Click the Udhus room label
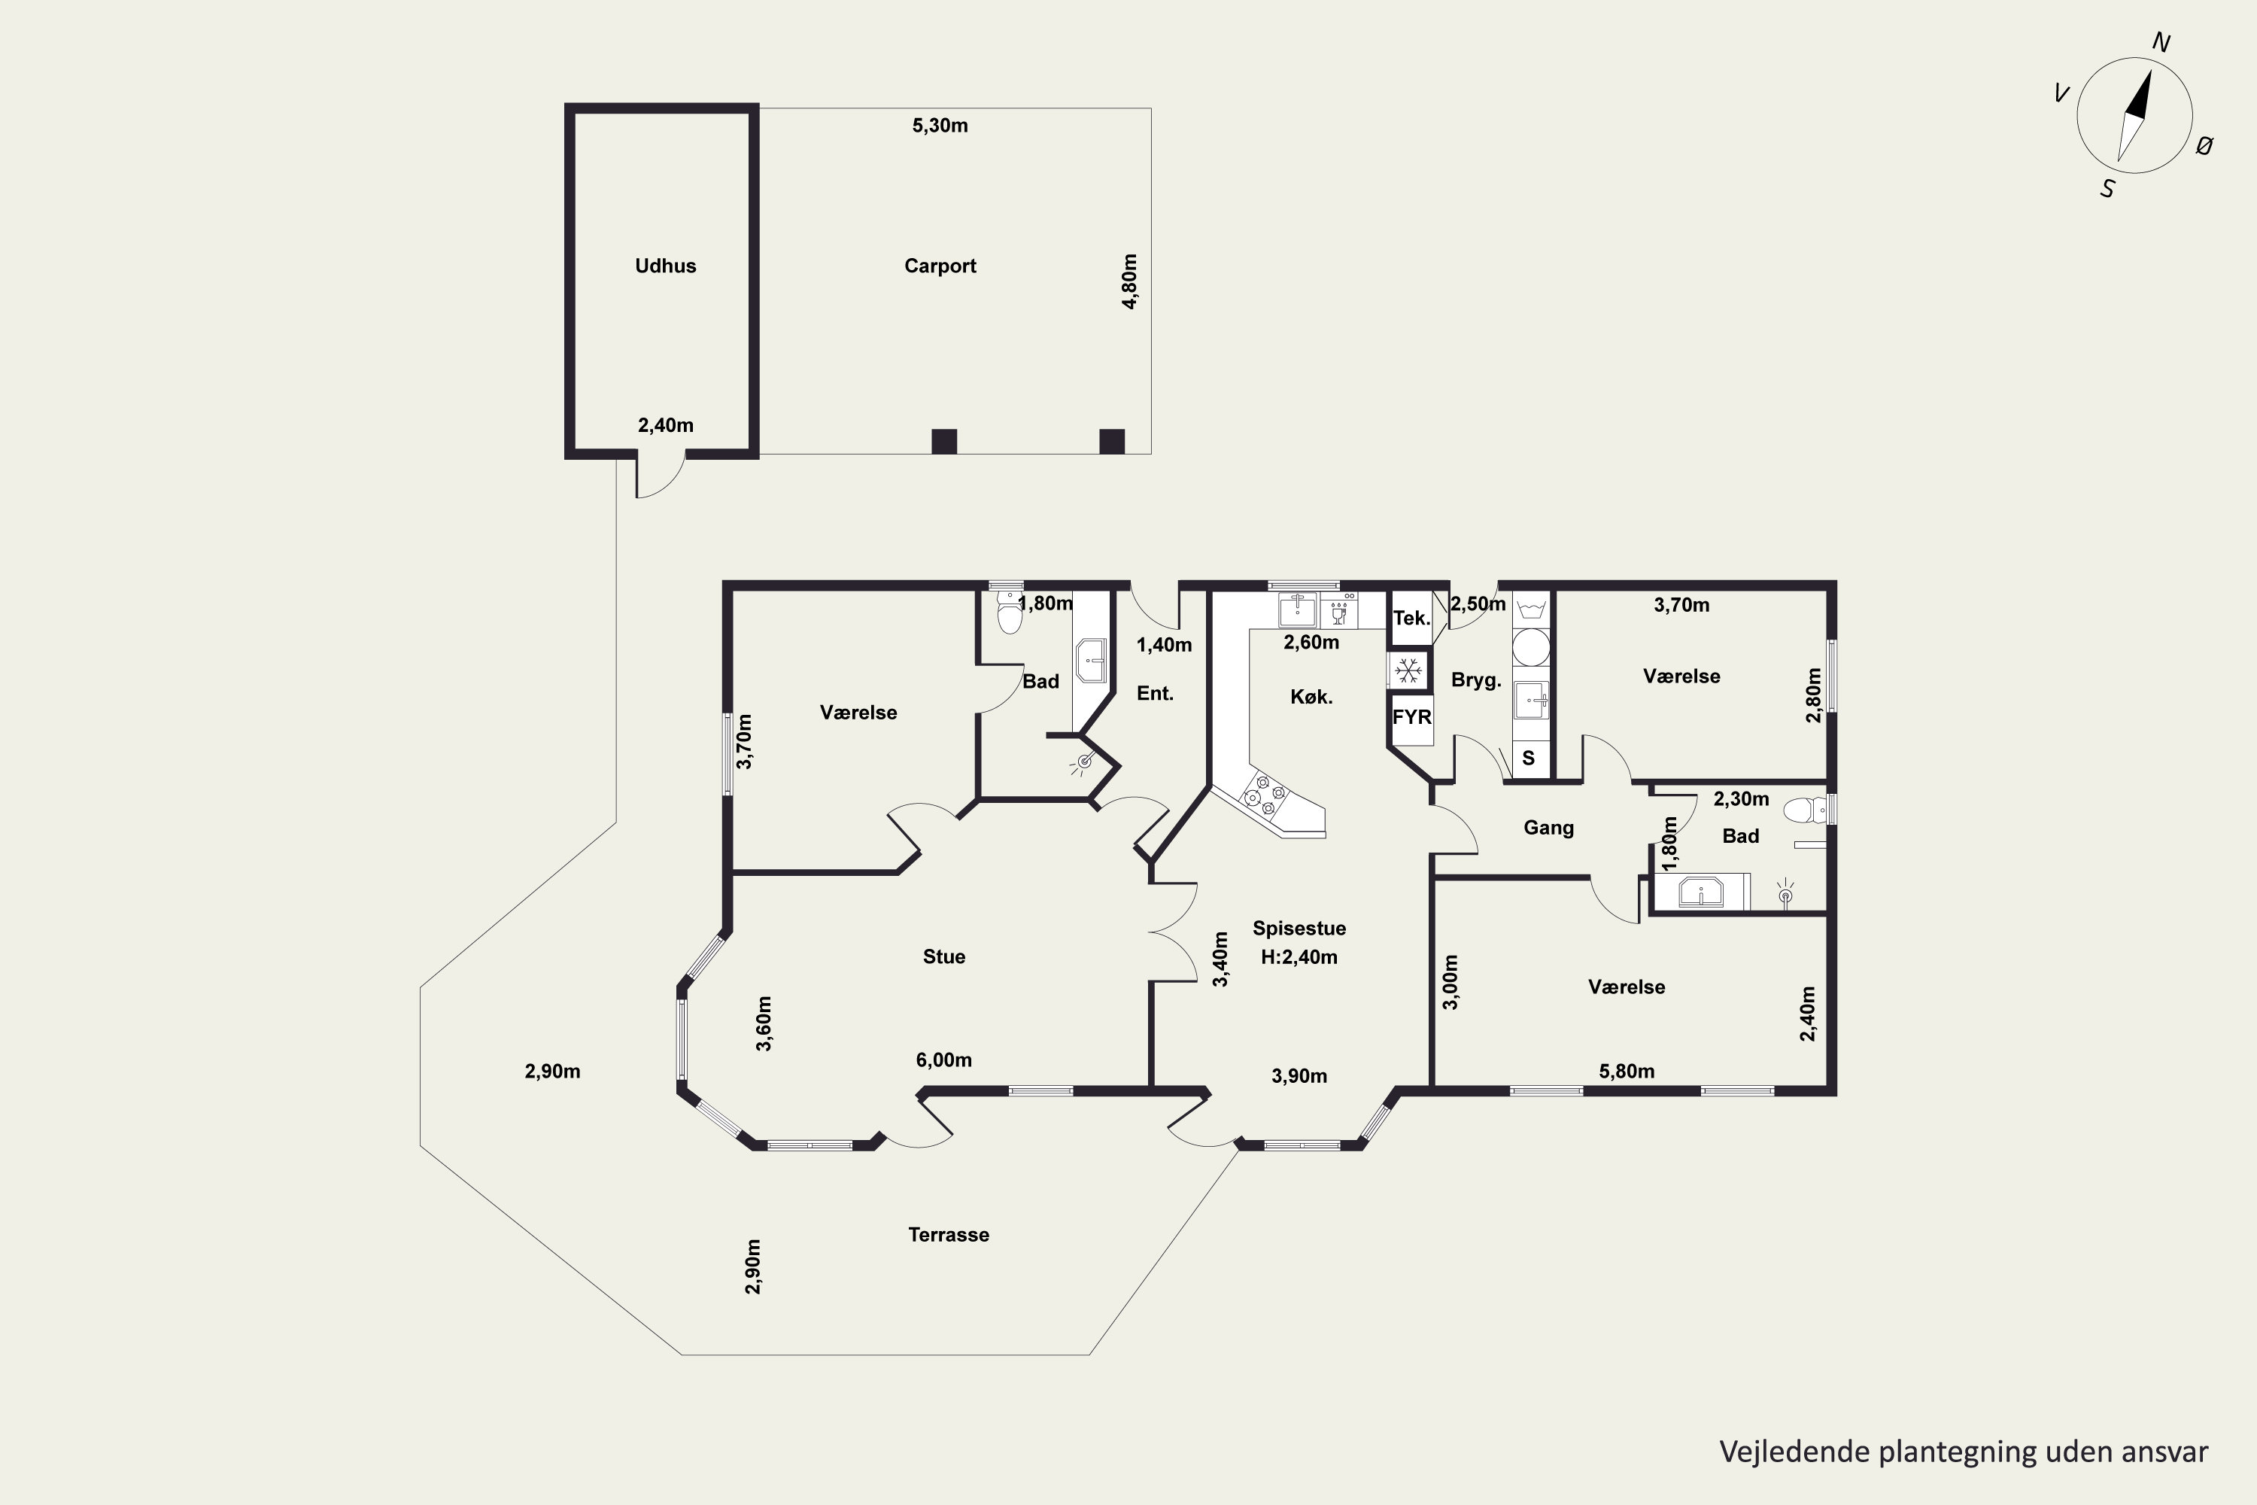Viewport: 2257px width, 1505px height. tap(665, 266)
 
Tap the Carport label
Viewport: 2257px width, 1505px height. tap(940, 266)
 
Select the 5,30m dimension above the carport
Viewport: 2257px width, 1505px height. tap(940, 126)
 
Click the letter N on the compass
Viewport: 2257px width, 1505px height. tap(2162, 42)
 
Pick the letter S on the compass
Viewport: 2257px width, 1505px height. tap(2107, 189)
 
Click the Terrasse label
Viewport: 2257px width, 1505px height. tap(948, 1234)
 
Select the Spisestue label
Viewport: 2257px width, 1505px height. tap(1299, 928)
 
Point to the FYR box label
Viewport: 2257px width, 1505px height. tap(1411, 717)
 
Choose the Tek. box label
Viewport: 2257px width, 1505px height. tap(1411, 618)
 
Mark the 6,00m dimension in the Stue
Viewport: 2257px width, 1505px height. tap(943, 1060)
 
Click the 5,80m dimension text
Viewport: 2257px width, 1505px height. tap(1627, 1071)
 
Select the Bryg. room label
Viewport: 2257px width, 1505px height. tap(1476, 680)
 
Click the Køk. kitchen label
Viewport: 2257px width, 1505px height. tap(1311, 697)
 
